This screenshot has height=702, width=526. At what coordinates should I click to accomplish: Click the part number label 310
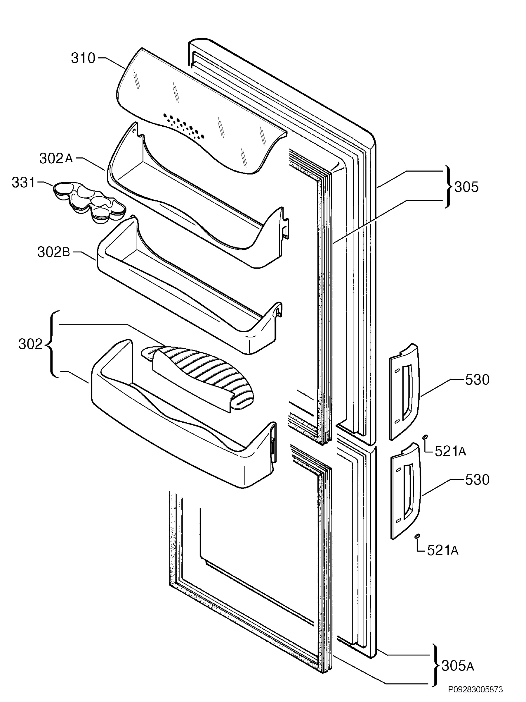pyautogui.click(x=83, y=58)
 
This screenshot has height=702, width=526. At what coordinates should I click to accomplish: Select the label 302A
pyautogui.click(x=56, y=158)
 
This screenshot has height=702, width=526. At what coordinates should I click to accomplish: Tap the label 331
pyautogui.click(x=23, y=183)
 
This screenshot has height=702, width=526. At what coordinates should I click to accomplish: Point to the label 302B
pyautogui.click(x=53, y=252)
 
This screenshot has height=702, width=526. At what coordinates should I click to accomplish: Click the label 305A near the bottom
pyautogui.click(x=458, y=665)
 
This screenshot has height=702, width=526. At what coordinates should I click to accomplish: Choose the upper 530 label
pyautogui.click(x=477, y=380)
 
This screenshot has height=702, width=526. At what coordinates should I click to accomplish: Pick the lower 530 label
pyautogui.click(x=477, y=479)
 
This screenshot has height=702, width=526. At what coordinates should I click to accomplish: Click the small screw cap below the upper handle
pyautogui.click(x=425, y=437)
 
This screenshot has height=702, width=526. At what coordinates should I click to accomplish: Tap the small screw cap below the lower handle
pyautogui.click(x=417, y=536)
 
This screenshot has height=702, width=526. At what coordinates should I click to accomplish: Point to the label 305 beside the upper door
pyautogui.click(x=466, y=187)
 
